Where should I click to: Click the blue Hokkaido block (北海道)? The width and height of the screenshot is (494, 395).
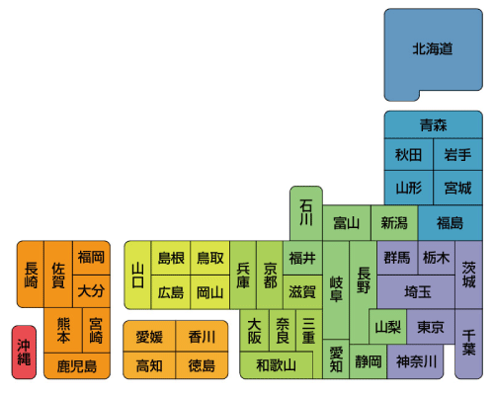click(x=433, y=49)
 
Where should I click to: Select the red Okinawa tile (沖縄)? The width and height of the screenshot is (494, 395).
click(x=24, y=353)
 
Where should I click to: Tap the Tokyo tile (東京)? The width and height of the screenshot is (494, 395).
click(x=431, y=327)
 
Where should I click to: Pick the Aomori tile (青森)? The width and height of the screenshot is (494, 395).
click(x=434, y=124)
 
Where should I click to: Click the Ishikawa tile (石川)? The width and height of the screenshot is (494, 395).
click(x=306, y=213)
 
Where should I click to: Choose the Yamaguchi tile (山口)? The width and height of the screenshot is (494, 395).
click(x=137, y=276)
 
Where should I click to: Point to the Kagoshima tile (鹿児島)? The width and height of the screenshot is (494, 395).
click(x=77, y=366)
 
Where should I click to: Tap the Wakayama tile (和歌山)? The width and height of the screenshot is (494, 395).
click(x=277, y=365)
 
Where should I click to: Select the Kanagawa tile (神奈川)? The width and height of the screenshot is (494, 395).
click(x=416, y=361)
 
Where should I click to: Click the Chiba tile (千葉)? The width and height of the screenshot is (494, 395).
click(x=468, y=344)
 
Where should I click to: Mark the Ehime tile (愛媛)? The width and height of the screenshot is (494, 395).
click(x=149, y=337)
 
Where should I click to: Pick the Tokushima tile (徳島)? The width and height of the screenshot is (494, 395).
click(x=202, y=365)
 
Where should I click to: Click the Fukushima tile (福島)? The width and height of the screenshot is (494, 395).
click(x=451, y=223)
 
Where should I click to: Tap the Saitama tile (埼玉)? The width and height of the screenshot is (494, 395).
click(x=417, y=292)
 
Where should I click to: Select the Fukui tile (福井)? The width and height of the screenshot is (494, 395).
click(x=302, y=258)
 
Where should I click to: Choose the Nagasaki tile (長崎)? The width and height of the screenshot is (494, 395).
click(x=31, y=275)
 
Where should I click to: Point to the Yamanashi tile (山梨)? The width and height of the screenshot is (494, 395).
click(x=388, y=327)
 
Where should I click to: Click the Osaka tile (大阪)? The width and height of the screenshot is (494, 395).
click(x=254, y=331)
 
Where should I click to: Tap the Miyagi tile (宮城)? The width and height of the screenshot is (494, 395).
click(x=458, y=188)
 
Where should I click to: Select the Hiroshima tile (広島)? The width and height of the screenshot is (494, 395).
click(x=171, y=292)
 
